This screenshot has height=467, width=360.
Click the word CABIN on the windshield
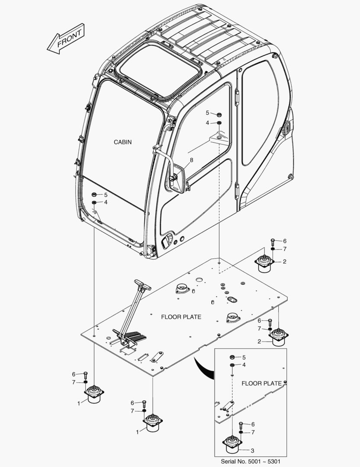coord(122,142)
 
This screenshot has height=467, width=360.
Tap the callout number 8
coord(191,160)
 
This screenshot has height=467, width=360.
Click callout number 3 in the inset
coord(253,450)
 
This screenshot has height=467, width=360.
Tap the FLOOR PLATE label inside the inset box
coord(261,383)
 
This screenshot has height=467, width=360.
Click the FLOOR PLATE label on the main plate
coord(181,317)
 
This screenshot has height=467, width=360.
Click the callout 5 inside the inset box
coord(244,357)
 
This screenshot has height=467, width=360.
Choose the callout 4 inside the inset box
coord(244,365)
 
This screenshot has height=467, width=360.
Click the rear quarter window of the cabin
coord(260,112)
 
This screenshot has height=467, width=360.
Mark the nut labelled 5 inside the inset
coord(232,357)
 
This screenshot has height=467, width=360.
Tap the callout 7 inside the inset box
coord(253,432)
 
